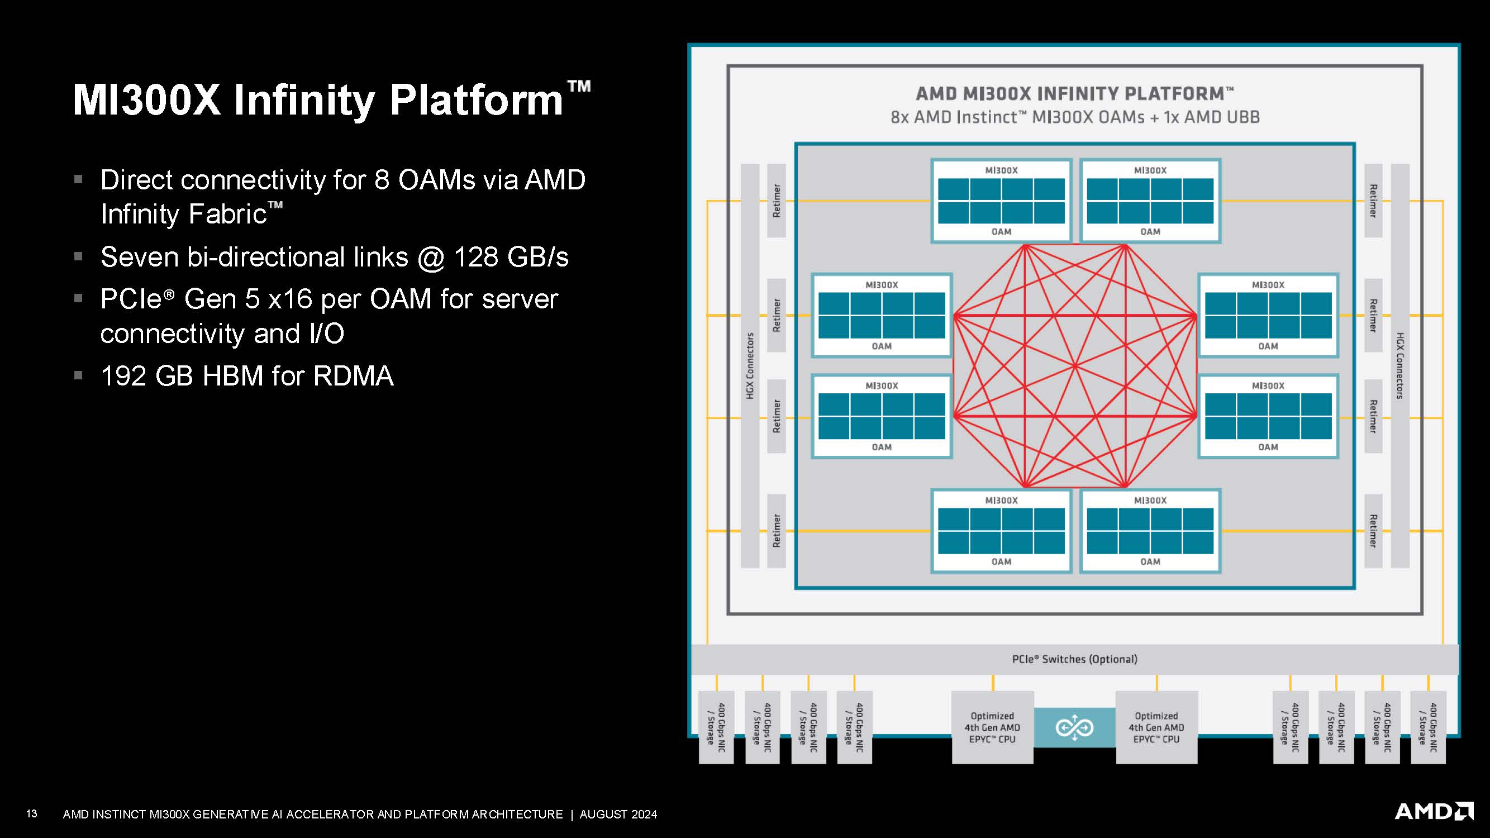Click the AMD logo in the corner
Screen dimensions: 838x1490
(1434, 811)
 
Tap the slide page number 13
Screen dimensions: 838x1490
(32, 814)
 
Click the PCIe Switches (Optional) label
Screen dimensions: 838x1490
(1074, 659)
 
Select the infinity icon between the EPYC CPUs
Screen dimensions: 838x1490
(1074, 727)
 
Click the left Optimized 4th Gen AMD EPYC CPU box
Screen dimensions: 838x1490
(992, 727)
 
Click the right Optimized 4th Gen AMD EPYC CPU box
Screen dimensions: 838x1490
(1156, 727)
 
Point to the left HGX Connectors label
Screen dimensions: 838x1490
(750, 365)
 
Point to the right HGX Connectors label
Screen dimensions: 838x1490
(1399, 365)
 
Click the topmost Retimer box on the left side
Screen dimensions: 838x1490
(776, 201)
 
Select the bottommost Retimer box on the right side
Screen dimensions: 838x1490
(1373, 530)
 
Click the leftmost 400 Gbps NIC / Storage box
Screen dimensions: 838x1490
(716, 727)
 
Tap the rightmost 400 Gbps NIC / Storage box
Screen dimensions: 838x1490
(1427, 727)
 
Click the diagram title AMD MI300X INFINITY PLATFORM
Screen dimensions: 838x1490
(1074, 94)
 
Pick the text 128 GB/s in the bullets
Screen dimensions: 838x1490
(511, 258)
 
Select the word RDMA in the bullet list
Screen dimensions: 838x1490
(354, 376)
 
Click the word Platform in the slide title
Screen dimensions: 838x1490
(476, 100)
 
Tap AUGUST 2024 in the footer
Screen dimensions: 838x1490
(618, 815)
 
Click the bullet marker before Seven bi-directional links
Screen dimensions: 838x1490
(79, 256)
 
